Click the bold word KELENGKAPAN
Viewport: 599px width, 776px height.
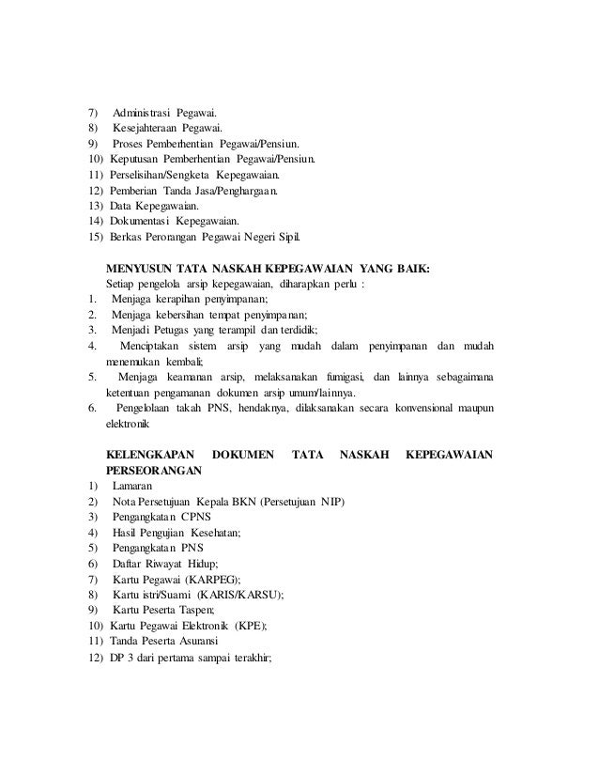[x=148, y=454]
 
